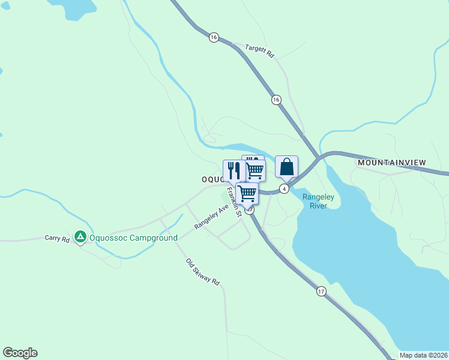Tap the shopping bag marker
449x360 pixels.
click(x=287, y=166)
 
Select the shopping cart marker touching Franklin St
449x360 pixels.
click(x=247, y=193)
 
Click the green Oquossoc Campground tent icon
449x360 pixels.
click(x=79, y=238)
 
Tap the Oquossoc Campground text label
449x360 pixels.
click(x=133, y=238)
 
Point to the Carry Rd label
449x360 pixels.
click(x=57, y=238)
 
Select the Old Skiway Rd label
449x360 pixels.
click(x=203, y=272)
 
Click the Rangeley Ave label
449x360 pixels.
click(x=211, y=217)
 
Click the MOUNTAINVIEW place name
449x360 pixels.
click(x=391, y=163)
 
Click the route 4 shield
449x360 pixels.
click(x=285, y=188)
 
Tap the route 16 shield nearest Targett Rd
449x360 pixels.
click(x=214, y=37)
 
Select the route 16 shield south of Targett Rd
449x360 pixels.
click(x=276, y=99)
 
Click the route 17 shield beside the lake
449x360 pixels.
click(x=322, y=291)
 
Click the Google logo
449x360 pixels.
click(x=20, y=353)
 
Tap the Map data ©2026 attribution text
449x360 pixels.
click(x=423, y=355)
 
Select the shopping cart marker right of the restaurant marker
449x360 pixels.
click(x=255, y=170)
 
